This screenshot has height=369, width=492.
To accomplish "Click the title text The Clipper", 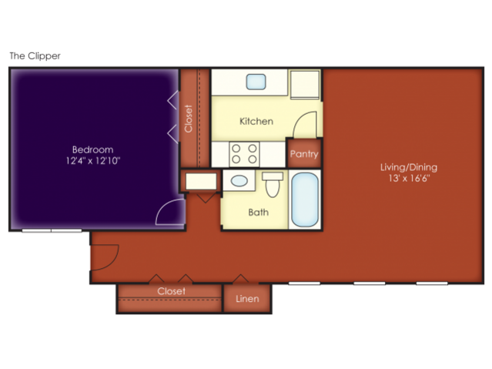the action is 35,56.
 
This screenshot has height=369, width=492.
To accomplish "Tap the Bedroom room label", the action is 92,149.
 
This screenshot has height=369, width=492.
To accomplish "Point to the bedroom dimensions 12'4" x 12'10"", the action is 93,161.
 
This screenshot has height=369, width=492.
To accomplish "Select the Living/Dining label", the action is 409,167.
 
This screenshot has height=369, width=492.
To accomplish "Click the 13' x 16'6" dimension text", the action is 409,179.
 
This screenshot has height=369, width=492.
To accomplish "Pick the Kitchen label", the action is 256,121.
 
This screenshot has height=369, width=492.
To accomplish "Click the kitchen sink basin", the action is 256,82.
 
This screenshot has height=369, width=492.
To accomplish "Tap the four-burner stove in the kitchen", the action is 244,154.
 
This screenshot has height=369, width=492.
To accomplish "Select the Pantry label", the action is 304,154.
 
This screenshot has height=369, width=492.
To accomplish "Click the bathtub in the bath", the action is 305,200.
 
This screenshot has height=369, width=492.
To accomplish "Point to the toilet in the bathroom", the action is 273,184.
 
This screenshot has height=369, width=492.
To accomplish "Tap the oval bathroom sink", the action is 239,181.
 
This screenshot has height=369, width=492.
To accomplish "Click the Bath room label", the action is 258,213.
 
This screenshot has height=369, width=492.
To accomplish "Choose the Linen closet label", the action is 247,299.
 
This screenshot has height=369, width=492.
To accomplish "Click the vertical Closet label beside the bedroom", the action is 189,119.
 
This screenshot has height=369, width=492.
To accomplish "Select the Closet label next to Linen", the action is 172,291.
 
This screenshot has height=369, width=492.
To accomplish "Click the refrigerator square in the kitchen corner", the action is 305,85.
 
